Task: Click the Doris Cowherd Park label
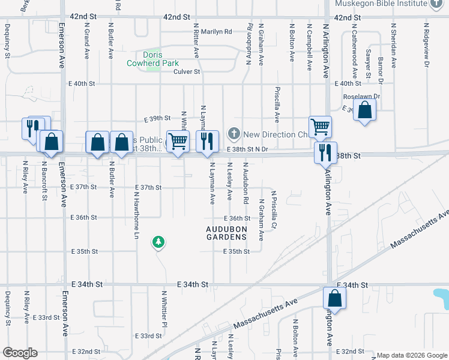pos(153,58)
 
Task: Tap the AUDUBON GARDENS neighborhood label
pos(226,233)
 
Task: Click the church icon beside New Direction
pos(235,134)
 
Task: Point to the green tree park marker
pos(159,242)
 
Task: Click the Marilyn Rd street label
pos(216,32)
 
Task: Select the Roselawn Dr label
pos(362,96)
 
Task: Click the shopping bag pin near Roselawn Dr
pos(364,110)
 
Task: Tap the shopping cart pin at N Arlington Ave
pos(321,127)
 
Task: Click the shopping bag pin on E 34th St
pos(334,299)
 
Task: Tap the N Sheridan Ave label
pos(394,46)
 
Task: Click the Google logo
pos(20,353)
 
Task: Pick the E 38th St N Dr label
pos(247,149)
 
